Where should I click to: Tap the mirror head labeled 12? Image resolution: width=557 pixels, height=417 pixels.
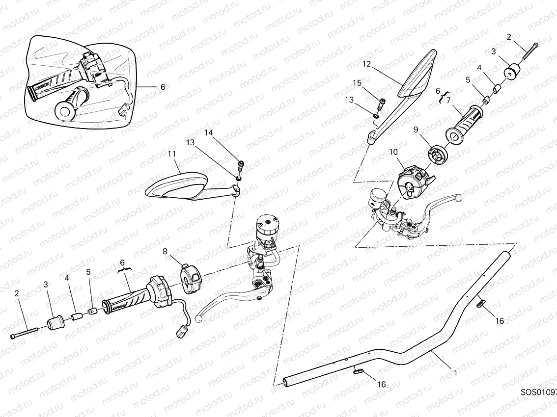click(419, 74)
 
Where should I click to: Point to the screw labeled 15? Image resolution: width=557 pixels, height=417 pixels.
click(382, 104)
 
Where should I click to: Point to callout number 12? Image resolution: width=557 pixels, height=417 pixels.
click(366, 64)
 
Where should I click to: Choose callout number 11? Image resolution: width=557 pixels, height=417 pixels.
click(171, 154)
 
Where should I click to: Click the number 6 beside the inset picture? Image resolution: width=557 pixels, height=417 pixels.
click(163, 87)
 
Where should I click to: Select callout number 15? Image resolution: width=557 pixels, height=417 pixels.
click(357, 83)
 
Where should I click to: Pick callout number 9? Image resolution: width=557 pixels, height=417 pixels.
click(416, 130)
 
